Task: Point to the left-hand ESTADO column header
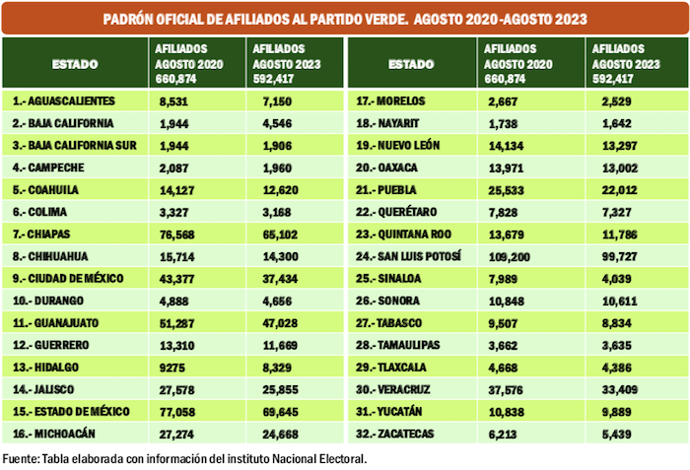(75, 64)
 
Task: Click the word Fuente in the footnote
(22, 458)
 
